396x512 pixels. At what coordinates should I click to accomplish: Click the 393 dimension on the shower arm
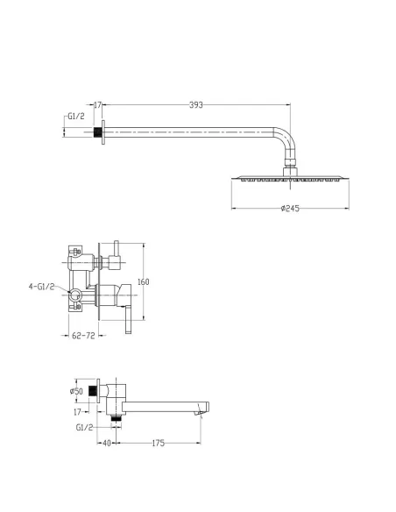point(196,105)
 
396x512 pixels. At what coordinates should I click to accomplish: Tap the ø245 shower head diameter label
point(290,209)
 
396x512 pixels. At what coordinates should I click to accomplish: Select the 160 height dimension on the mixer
point(143,281)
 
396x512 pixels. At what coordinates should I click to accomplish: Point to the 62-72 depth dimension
point(83,336)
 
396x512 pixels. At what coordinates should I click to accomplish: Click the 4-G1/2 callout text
point(41,287)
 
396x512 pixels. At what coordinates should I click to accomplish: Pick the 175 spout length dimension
point(159,443)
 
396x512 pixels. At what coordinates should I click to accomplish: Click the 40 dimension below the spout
point(107,443)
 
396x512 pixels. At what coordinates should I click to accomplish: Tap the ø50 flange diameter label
point(76,391)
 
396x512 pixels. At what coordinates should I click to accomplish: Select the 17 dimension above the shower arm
point(97,105)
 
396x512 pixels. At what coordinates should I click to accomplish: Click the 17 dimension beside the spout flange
point(77,412)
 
